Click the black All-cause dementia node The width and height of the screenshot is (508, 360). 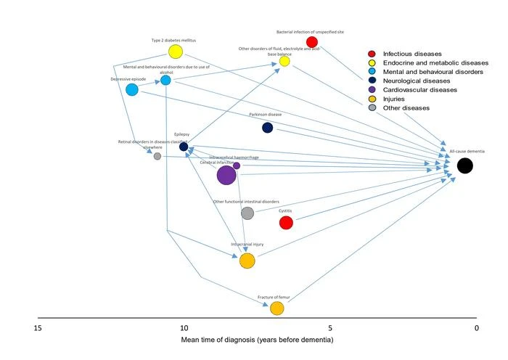tap(464, 165)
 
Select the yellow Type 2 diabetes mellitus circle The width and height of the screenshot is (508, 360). tap(175, 52)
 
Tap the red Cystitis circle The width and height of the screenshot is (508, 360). tap(286, 223)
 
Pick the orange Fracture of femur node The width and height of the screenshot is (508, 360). tap(276, 308)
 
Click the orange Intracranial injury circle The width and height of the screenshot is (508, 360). tap(247, 261)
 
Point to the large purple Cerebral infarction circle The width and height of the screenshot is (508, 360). tap(226, 175)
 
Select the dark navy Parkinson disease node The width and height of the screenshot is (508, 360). tap(267, 128)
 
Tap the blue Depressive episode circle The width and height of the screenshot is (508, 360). tap(131, 89)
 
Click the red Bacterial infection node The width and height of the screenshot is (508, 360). tap(312, 42)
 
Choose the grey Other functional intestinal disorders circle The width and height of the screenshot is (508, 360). tap(247, 213)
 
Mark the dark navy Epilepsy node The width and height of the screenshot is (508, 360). tap(184, 147)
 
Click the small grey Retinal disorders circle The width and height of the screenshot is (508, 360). tap(157, 156)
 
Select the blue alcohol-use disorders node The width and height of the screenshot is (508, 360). tap(165, 80)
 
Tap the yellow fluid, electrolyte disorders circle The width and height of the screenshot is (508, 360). tap(284, 61)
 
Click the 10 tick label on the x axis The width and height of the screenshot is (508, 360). tap(184, 328)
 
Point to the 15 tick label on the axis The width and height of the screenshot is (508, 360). tap(38, 328)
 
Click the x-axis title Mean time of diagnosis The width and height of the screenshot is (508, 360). tap(257, 340)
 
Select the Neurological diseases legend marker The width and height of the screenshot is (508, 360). tap(372, 81)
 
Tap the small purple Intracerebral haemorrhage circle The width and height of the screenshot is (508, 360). tap(237, 165)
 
